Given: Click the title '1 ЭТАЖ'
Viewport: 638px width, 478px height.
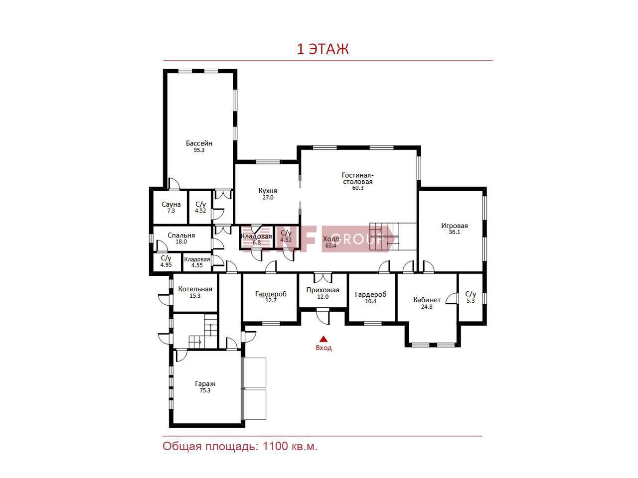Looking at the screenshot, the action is click(322, 49).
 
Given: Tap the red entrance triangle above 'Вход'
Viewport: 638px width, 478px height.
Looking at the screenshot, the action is click(323, 339).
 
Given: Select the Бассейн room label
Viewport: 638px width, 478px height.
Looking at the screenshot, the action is click(199, 143).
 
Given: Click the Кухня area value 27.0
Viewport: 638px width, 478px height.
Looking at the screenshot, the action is click(268, 198).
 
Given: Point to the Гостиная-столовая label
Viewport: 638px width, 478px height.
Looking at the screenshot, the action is click(357, 178).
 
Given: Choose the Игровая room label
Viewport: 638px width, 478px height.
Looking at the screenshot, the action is click(454, 226).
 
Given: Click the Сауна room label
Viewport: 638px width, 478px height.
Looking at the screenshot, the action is click(171, 204).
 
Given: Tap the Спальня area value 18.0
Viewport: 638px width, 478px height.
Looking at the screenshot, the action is click(181, 241).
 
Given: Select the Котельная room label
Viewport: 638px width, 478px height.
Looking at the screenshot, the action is click(195, 289).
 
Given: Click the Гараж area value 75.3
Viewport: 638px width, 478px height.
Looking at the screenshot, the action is click(205, 390).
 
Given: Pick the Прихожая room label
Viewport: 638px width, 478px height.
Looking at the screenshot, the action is click(322, 290).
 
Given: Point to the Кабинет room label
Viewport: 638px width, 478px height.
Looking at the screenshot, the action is click(427, 300).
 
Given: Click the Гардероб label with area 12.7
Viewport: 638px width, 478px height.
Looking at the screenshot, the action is click(271, 294).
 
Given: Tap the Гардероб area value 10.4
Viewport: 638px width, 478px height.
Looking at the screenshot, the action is click(371, 301).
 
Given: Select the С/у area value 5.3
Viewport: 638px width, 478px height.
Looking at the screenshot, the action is click(471, 301).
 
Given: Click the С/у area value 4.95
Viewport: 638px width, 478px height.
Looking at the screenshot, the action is click(166, 265).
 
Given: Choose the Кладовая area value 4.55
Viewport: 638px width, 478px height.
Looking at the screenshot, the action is click(197, 265).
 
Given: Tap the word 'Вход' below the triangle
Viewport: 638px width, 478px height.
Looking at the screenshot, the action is click(323, 348).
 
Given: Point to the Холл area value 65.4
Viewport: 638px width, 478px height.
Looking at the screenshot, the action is click(331, 245).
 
